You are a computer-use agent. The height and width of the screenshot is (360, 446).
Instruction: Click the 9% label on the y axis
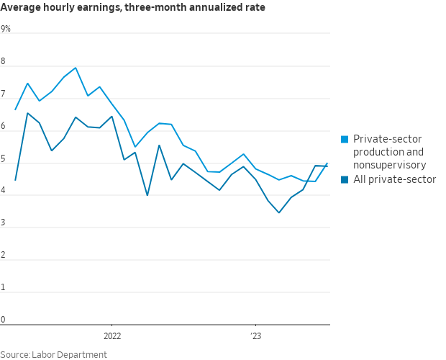point(6,29)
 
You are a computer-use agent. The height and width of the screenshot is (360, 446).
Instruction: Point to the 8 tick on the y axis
point(3,61)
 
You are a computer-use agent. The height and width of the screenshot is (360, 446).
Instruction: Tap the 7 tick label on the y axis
point(3,94)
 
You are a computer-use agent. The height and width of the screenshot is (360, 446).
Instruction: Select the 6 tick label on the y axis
point(3,127)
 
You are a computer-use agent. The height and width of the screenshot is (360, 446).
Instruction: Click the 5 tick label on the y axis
point(3,158)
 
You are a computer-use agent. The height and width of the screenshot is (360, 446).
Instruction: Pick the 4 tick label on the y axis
point(3,191)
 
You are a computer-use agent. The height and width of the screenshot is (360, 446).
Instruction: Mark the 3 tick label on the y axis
point(3,223)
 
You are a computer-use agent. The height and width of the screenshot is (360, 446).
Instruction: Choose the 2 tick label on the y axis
point(3,256)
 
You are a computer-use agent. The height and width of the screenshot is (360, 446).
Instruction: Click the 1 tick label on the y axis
point(3,288)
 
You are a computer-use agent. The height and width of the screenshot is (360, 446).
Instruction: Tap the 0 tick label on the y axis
point(3,320)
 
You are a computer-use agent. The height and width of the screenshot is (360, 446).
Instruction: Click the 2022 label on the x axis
point(112,336)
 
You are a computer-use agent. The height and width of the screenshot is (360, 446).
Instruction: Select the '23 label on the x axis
point(255,336)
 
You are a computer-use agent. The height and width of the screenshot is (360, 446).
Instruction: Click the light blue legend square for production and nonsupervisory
point(345,139)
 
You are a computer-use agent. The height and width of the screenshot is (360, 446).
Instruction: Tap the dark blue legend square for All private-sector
point(345,179)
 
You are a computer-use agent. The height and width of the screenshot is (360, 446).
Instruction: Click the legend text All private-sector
point(394,179)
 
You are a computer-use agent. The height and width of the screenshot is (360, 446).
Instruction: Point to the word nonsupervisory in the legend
point(389,165)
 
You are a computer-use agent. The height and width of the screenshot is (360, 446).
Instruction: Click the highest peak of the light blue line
point(76,68)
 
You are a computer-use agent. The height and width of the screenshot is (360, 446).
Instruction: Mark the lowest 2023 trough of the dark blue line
point(279,212)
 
